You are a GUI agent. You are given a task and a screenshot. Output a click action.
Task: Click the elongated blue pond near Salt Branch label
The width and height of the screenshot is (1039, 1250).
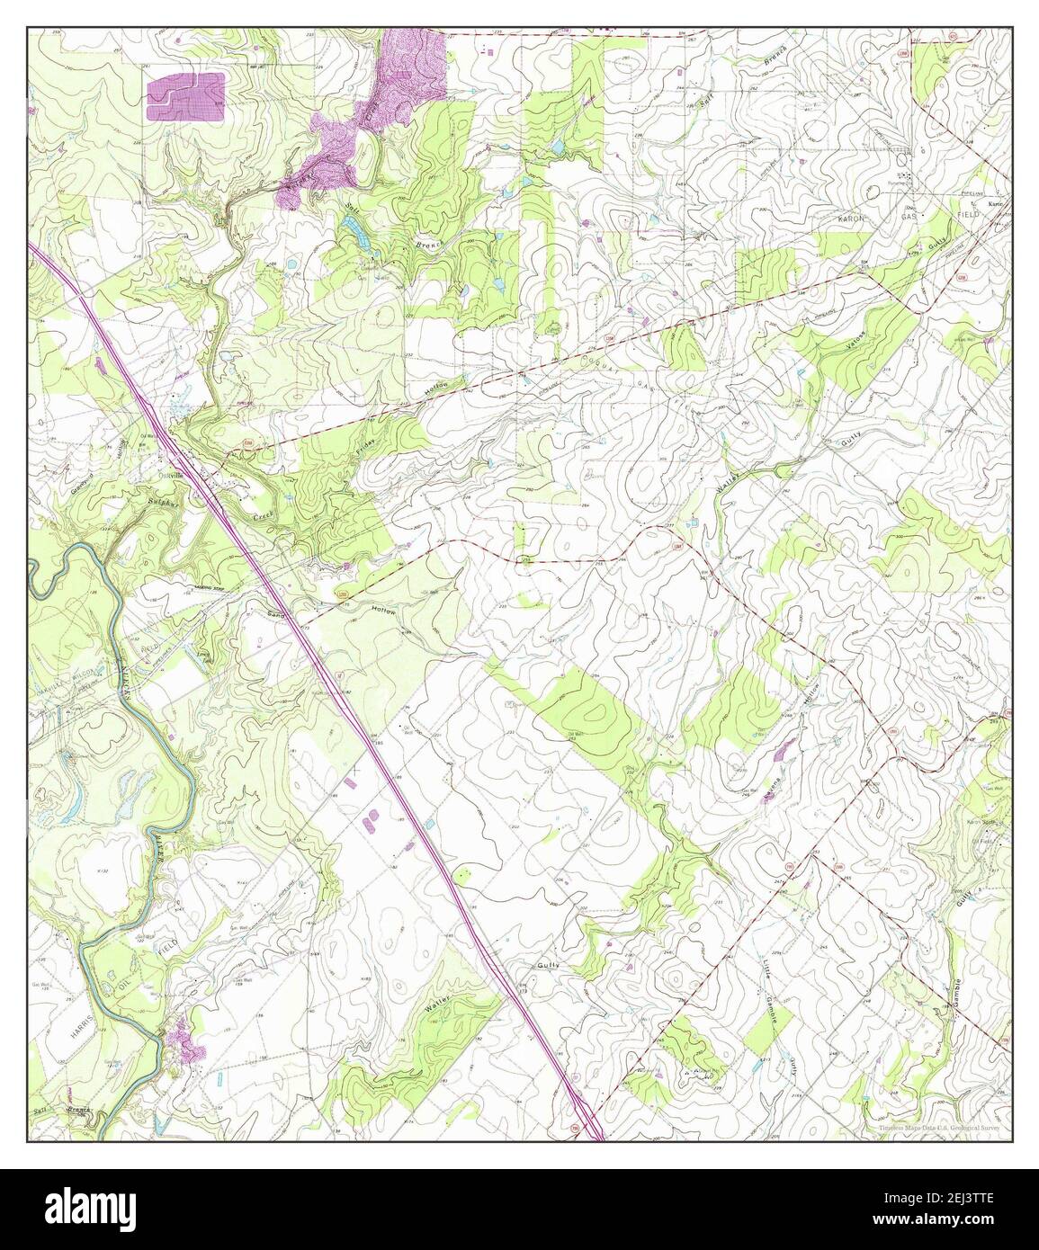click(x=357, y=237)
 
